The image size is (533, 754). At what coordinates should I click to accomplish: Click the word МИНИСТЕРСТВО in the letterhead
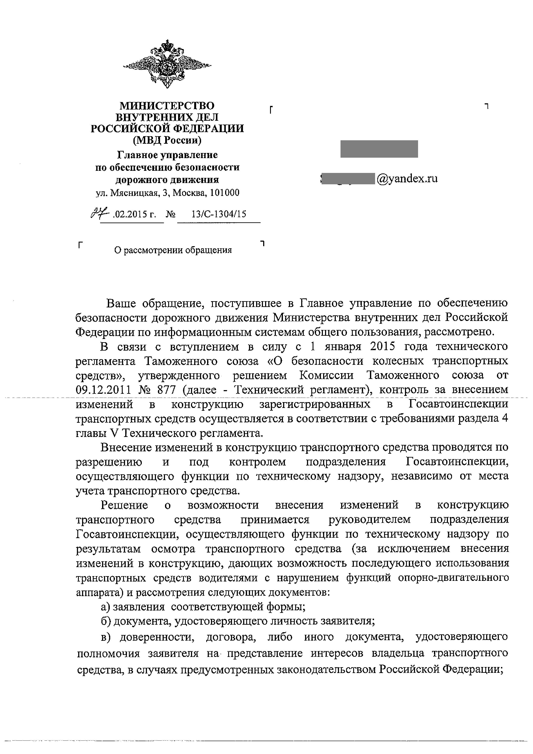(167, 106)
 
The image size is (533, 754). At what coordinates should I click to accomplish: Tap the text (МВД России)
(167, 140)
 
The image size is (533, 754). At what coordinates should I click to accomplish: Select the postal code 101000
(225, 193)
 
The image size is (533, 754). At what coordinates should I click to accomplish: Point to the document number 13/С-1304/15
(219, 214)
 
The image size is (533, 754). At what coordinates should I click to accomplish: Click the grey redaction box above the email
(379, 149)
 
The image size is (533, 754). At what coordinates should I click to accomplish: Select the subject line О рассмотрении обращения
(173, 250)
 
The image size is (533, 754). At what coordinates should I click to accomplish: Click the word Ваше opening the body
(121, 303)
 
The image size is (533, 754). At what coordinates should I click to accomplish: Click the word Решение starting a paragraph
(124, 505)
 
